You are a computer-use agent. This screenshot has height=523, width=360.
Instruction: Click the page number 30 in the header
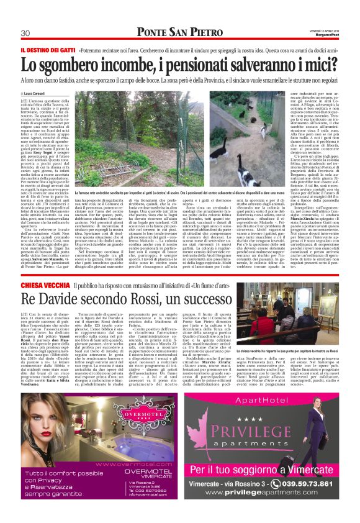pyautogui.click(x=25, y=32)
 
